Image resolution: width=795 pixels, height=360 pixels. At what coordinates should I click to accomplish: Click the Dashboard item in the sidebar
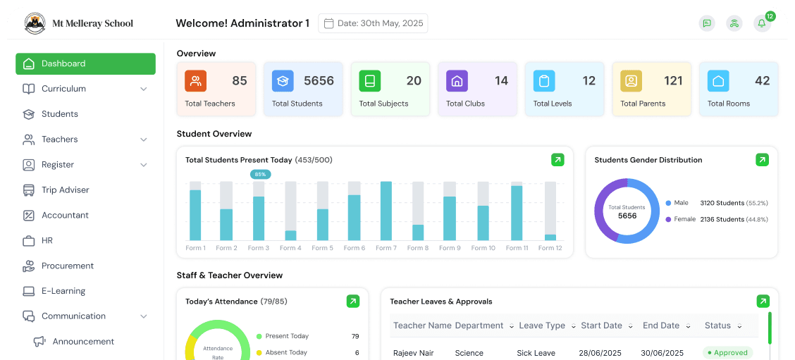click(x=85, y=63)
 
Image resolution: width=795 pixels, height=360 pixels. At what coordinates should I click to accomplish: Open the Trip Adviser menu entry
click(x=65, y=190)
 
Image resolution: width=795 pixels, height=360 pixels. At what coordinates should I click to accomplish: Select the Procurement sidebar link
click(x=67, y=266)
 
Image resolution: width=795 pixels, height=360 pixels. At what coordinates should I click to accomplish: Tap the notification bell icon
click(x=762, y=23)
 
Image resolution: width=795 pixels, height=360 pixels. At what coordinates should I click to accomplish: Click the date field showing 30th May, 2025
click(x=373, y=23)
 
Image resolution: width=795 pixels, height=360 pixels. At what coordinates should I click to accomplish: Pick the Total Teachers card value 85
click(x=240, y=81)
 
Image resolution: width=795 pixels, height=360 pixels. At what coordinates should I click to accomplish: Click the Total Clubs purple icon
click(x=457, y=81)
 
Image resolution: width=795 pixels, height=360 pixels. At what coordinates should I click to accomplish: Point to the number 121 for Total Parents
click(x=673, y=81)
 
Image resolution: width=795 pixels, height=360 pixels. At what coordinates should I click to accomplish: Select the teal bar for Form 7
click(x=386, y=211)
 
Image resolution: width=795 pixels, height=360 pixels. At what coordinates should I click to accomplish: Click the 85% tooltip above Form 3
click(x=260, y=174)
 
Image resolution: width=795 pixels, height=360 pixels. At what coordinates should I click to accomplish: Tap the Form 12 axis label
click(x=550, y=248)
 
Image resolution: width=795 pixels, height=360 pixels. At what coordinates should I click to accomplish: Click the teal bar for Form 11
click(x=517, y=213)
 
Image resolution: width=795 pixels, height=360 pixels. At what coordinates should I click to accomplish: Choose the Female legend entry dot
click(x=668, y=219)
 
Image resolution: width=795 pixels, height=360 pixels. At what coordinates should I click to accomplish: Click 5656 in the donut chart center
click(x=627, y=216)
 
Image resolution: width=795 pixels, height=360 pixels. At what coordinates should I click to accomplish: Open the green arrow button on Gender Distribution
click(x=762, y=160)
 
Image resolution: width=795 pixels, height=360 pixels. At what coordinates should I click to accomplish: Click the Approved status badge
click(x=727, y=353)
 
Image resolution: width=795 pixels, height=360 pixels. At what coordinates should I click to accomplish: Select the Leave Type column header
click(x=542, y=325)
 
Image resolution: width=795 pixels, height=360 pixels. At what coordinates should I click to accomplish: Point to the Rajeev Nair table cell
click(x=414, y=353)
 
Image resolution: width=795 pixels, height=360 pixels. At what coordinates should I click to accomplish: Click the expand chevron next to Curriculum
click(x=144, y=89)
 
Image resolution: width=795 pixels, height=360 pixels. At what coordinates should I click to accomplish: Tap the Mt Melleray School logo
click(x=35, y=23)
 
